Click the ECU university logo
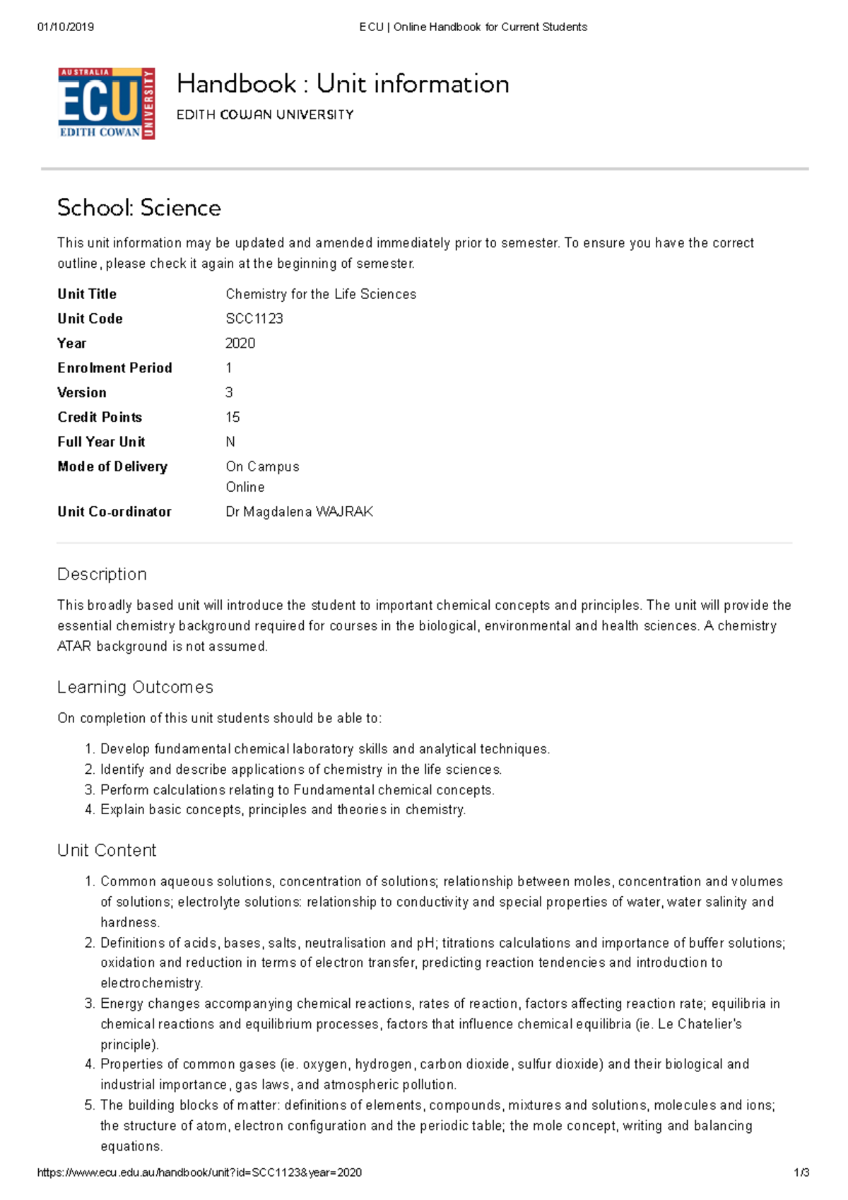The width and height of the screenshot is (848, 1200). [x=106, y=104]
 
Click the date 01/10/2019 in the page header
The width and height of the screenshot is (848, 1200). [x=65, y=27]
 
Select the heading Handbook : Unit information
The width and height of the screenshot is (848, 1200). [x=343, y=83]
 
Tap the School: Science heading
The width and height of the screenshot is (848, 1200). [x=139, y=208]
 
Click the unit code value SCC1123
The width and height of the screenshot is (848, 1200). [x=254, y=319]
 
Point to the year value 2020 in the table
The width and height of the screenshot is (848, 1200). [x=240, y=343]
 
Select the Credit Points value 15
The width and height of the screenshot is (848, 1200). [x=232, y=417]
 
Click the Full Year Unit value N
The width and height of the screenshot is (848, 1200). [x=230, y=442]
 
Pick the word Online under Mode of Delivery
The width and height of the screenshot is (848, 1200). [x=245, y=487]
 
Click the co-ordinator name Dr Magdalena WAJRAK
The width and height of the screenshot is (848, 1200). [x=299, y=512]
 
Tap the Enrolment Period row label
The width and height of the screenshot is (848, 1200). [x=114, y=368]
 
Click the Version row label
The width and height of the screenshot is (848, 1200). [x=82, y=393]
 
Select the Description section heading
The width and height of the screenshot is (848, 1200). [x=102, y=574]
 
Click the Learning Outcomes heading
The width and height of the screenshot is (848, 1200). [x=135, y=687]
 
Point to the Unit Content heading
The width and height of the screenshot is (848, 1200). [x=107, y=850]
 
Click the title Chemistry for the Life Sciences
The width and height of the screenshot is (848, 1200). [x=321, y=294]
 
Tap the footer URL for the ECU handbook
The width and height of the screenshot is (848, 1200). [x=199, y=1172]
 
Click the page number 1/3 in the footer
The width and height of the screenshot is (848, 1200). [x=801, y=1172]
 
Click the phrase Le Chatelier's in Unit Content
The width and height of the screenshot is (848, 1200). [x=700, y=1024]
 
